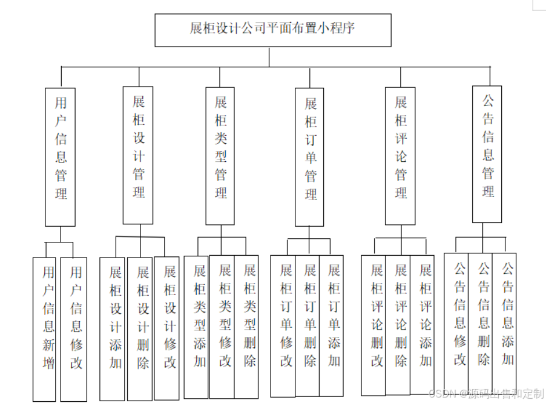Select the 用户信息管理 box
click(x=61, y=157)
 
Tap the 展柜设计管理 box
click(x=138, y=156)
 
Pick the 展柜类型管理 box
click(x=220, y=156)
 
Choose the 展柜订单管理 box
click(x=310, y=157)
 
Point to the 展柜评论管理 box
click(x=400, y=156)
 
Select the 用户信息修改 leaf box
click(x=74, y=329)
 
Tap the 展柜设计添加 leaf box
click(x=114, y=327)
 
